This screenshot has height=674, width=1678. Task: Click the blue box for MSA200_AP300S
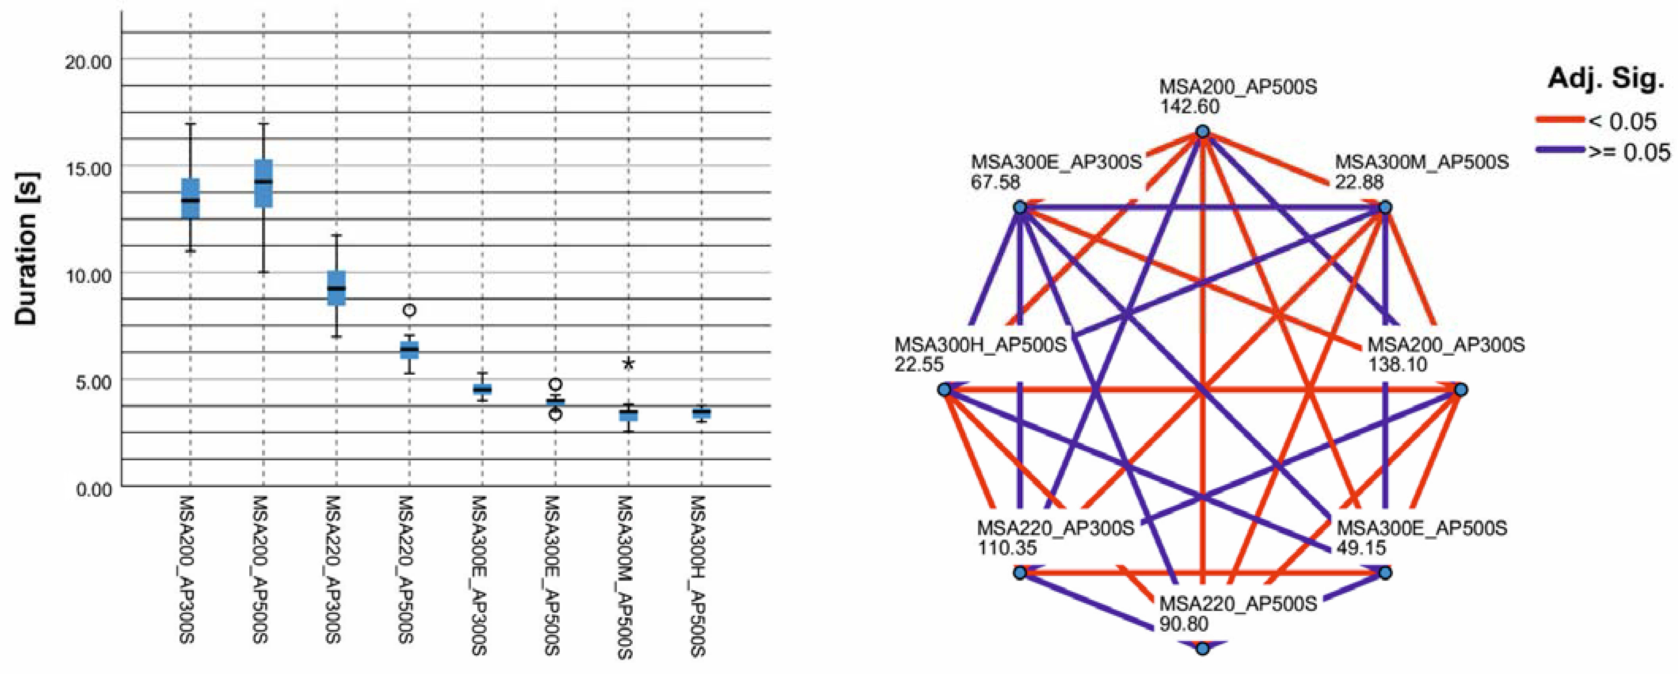tap(190, 199)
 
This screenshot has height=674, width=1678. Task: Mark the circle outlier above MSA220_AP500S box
tap(409, 310)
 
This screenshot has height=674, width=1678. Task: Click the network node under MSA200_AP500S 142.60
tap(1202, 132)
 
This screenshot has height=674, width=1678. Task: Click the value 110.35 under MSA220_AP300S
tap(1006, 547)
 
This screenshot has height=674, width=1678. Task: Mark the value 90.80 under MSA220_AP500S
tap(1184, 624)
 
